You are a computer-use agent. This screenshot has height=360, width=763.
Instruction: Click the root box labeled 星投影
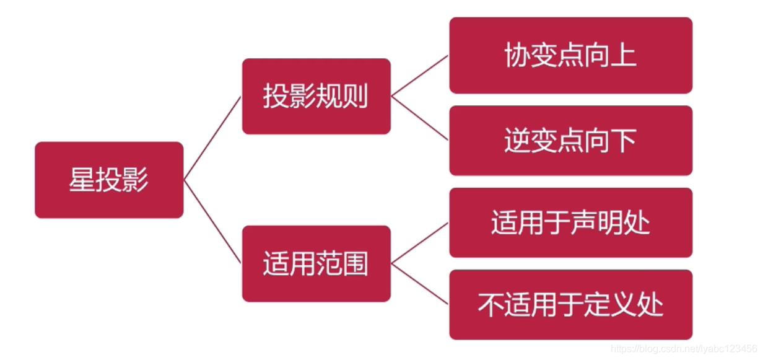(109, 180)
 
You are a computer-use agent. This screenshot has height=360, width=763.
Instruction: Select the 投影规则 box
(316, 97)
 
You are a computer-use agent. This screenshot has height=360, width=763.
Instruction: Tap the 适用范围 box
(316, 263)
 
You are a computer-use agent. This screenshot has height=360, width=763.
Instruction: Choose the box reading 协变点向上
(570, 56)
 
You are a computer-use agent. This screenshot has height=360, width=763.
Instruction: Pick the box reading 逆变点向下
(570, 141)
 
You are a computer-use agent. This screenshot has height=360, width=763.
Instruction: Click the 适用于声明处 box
(570, 222)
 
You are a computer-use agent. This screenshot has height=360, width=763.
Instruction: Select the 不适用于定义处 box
(570, 304)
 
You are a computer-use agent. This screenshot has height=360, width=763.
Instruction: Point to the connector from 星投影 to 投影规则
(212, 138)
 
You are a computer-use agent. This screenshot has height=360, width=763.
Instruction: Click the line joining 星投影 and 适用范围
(212, 221)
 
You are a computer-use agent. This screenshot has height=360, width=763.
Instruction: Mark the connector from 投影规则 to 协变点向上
(420, 76)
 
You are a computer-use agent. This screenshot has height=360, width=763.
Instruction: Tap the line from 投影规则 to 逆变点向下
(420, 118)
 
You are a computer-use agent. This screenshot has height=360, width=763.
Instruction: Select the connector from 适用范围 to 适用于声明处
(420, 243)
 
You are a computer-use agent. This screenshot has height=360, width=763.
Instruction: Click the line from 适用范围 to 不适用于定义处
(420, 284)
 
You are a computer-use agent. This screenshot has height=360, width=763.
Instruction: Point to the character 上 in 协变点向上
(624, 56)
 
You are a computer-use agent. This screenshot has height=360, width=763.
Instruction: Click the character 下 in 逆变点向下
(624, 141)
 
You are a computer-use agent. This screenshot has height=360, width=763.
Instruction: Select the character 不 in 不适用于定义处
(490, 304)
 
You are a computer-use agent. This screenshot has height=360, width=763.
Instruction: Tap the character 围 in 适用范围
(355, 263)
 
